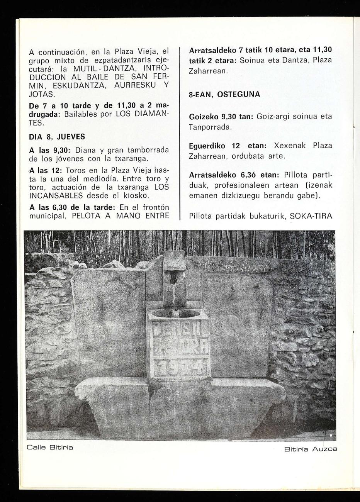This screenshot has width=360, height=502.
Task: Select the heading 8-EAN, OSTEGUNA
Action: click(219, 94)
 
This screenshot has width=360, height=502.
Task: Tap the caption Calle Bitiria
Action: click(50, 447)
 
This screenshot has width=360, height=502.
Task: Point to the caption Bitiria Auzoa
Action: click(310, 449)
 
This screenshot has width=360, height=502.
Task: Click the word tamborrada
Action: click(148, 150)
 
